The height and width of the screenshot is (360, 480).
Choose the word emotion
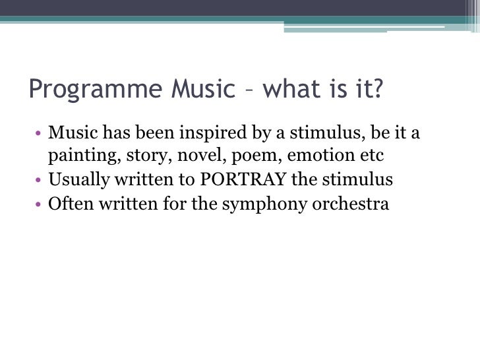[308, 157]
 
